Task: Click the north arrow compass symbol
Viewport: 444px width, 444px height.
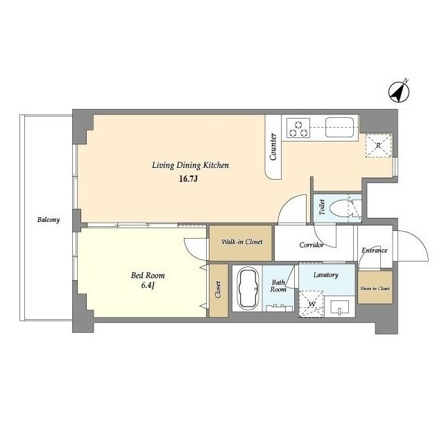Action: tap(399, 92)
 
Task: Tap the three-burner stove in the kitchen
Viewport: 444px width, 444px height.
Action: tap(298, 128)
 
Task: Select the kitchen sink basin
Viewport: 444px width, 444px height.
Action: tap(339, 128)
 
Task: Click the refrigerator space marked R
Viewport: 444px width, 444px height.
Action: tap(378, 146)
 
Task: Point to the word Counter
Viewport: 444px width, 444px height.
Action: tap(273, 146)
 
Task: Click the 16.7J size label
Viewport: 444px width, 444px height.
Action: tap(188, 179)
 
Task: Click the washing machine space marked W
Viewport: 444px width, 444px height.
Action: tap(311, 304)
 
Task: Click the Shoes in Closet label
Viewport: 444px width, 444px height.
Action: tap(375, 289)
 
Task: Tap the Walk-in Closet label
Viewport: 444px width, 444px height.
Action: tap(242, 242)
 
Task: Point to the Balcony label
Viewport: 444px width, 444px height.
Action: tap(49, 220)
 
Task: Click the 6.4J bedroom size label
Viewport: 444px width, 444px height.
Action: tap(148, 285)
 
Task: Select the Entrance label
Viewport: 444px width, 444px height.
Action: tap(375, 250)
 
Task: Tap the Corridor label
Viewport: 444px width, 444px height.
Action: tap(311, 245)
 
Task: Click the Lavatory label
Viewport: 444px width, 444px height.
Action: tap(325, 275)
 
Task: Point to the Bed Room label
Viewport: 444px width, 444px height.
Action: tap(148, 275)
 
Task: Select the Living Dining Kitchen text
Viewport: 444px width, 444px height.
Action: tap(190, 165)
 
